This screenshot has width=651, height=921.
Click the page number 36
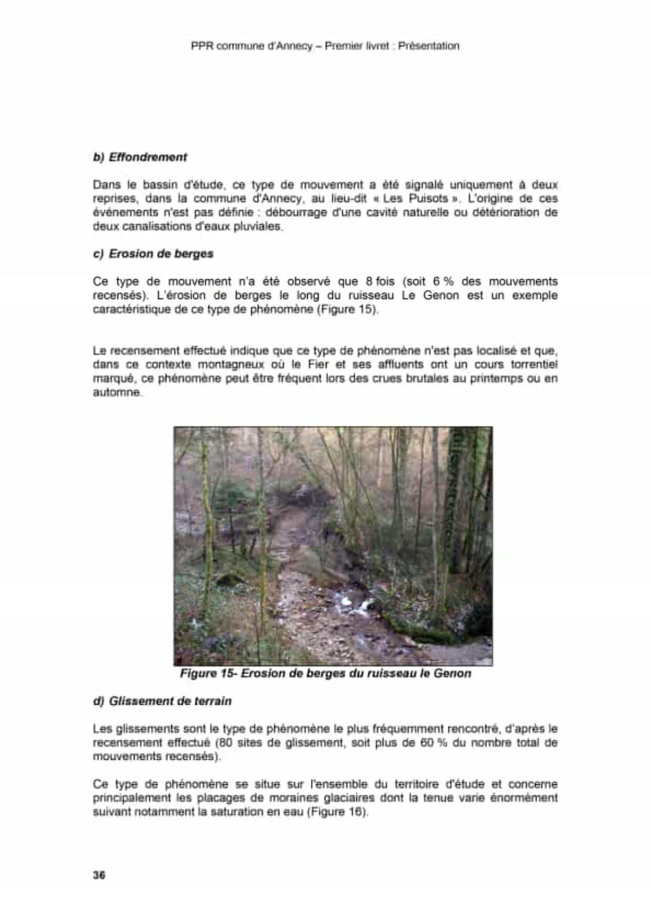[99, 875]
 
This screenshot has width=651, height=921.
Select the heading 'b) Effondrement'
[140, 157]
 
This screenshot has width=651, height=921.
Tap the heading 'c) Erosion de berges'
[153, 254]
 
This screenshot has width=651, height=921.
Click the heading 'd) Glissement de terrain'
[162, 701]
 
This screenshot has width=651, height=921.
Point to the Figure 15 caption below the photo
[325, 673]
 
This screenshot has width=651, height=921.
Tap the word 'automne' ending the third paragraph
[117, 392]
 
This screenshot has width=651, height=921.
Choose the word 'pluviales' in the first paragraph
[261, 226]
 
